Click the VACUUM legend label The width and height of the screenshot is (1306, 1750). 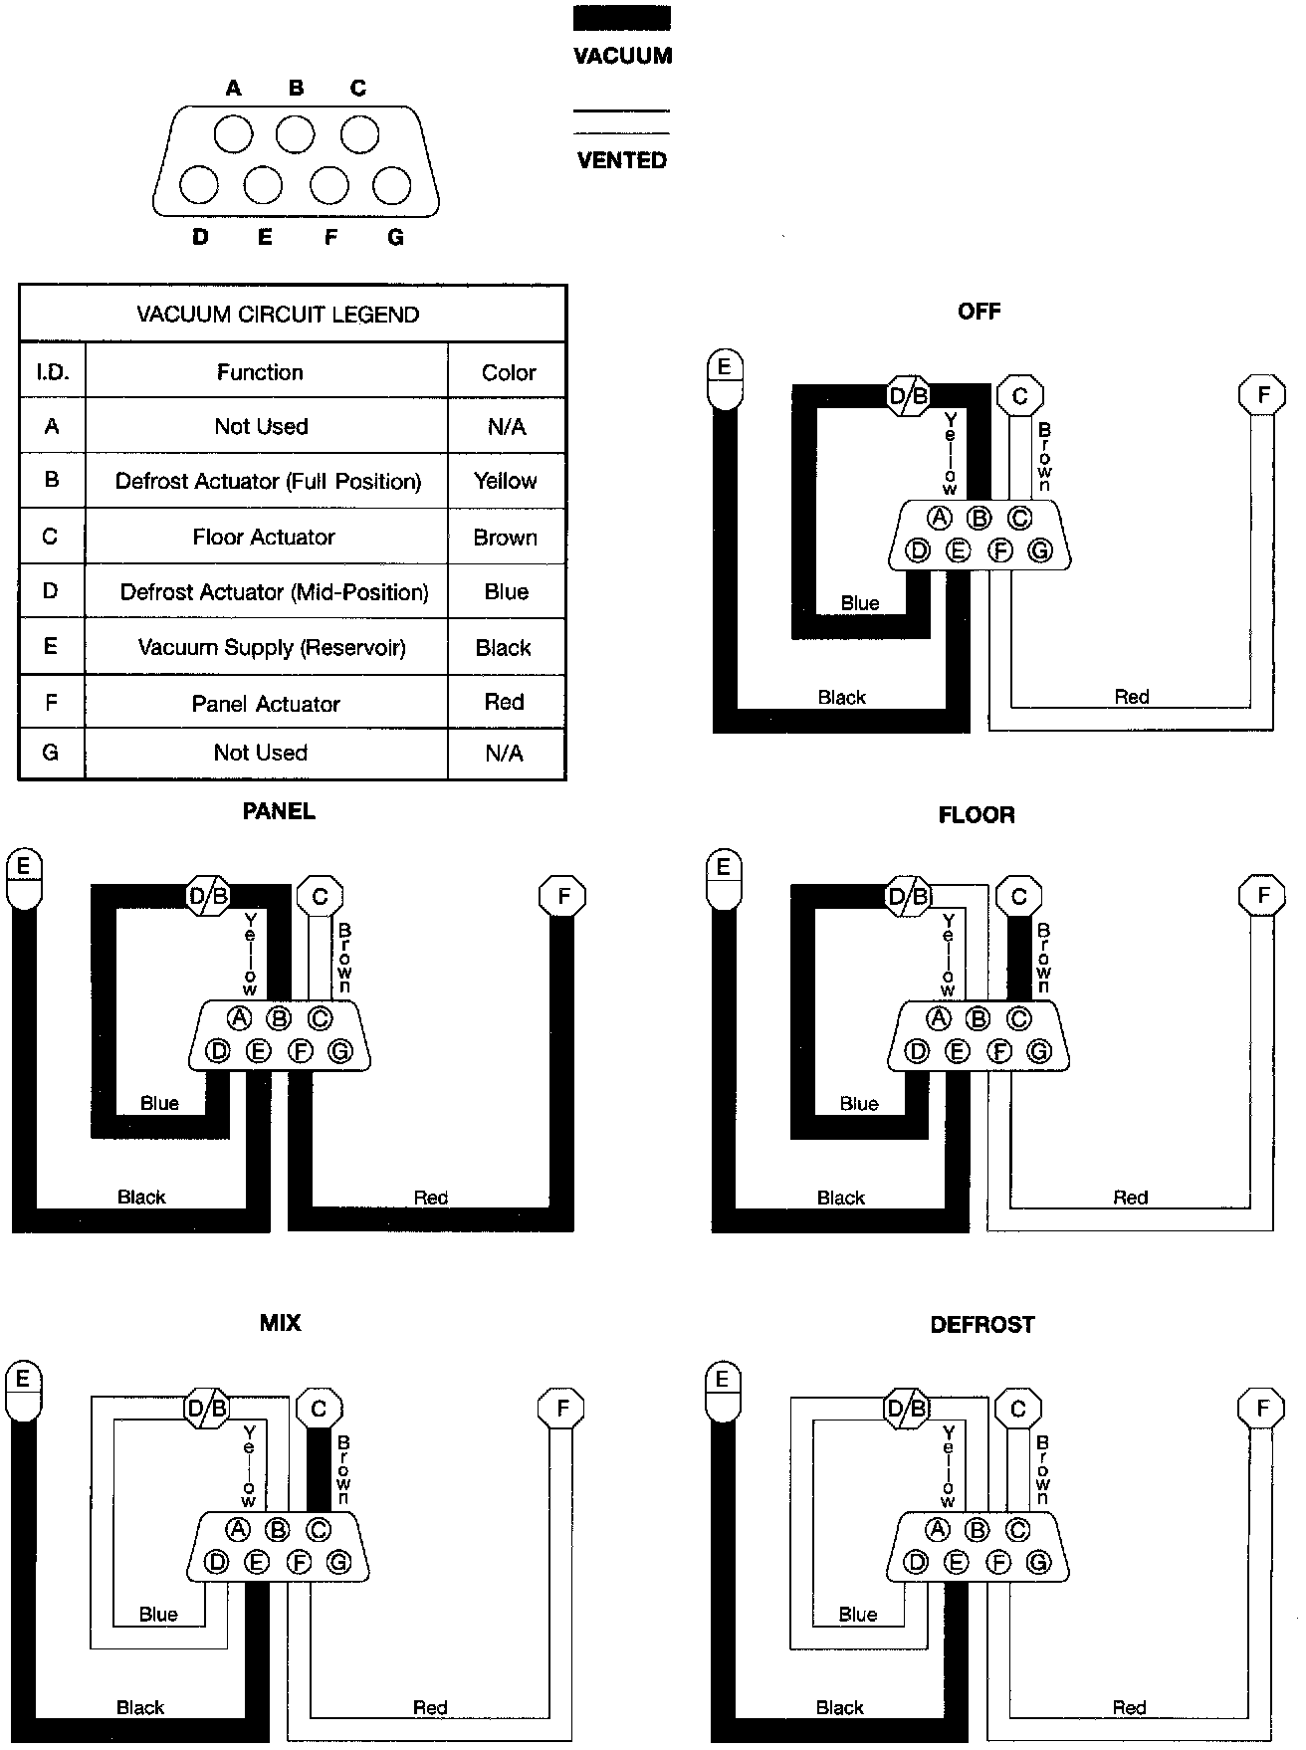point(622,56)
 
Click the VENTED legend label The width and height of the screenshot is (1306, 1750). point(622,159)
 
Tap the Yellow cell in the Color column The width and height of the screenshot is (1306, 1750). point(506,481)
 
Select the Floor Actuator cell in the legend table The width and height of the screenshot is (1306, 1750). point(264,537)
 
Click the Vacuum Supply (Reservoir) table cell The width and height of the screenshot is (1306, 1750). point(272,647)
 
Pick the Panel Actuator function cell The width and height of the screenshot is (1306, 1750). point(266,704)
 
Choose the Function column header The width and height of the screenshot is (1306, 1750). point(260,372)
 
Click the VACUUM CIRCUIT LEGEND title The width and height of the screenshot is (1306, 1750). point(278,315)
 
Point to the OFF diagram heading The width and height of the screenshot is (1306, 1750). point(979,312)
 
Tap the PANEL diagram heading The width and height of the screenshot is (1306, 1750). point(279,811)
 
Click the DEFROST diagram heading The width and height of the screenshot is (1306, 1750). point(982,1325)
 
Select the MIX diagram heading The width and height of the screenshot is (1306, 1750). point(280,1323)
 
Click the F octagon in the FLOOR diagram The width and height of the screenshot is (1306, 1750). point(1263,896)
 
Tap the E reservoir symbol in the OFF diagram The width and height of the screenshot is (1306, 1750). point(724,378)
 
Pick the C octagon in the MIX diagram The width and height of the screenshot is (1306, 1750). point(319,1409)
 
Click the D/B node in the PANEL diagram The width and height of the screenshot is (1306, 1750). point(208,896)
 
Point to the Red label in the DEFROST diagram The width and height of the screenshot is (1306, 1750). point(1129,1707)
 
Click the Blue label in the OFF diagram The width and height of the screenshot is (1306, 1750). point(860,603)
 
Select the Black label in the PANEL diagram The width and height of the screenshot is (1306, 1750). point(141,1197)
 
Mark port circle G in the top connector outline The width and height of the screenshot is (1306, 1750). point(391,185)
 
